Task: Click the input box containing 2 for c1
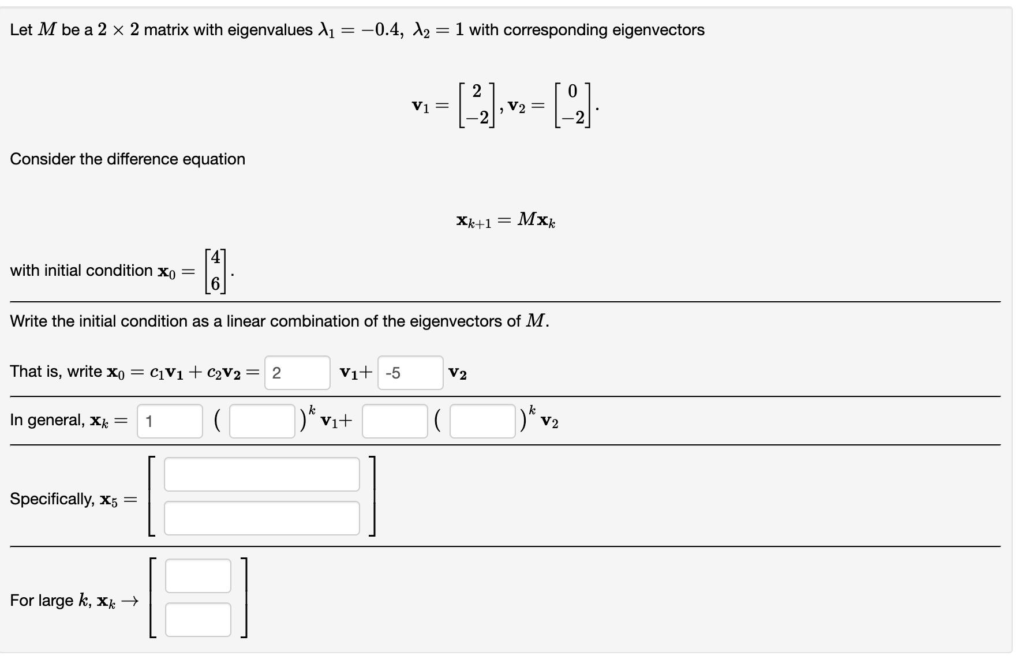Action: pyautogui.click(x=297, y=373)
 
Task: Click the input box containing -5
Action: pyautogui.click(x=410, y=373)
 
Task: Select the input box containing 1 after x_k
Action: pyautogui.click(x=170, y=421)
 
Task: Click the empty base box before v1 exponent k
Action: pyautogui.click(x=262, y=421)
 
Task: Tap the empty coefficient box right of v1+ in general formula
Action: pyautogui.click(x=395, y=421)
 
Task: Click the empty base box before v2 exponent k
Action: pyautogui.click(x=482, y=421)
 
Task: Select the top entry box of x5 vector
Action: pyautogui.click(x=261, y=474)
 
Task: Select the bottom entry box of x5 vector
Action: pyautogui.click(x=261, y=518)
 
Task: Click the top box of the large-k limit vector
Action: pyautogui.click(x=198, y=576)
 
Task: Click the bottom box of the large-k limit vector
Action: pyautogui.click(x=198, y=620)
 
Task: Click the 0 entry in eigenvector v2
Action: pyautogui.click(x=572, y=91)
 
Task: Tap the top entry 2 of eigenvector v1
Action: pyautogui.click(x=476, y=91)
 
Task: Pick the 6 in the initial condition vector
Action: pyautogui.click(x=215, y=284)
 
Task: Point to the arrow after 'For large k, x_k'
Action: pyautogui.click(x=130, y=601)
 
